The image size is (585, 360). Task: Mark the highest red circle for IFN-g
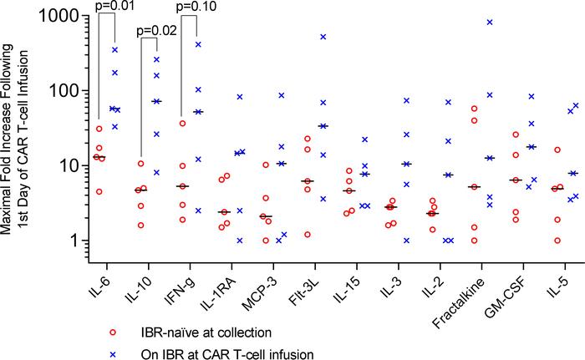click(183, 124)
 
